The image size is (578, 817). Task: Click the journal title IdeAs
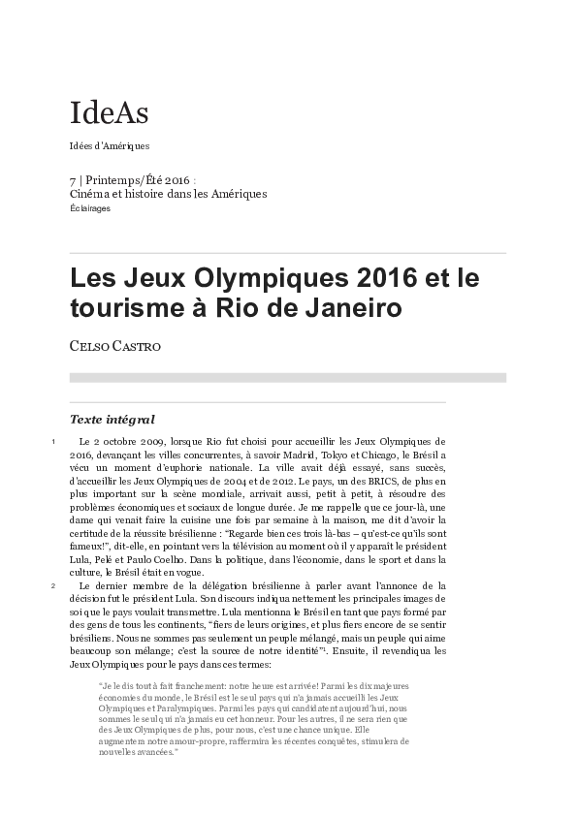pos(109,113)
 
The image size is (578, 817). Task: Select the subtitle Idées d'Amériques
pos(109,146)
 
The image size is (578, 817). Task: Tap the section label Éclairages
pos(90,208)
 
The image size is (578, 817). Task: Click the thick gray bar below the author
pos(288,377)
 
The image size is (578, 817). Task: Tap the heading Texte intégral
pos(112,420)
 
